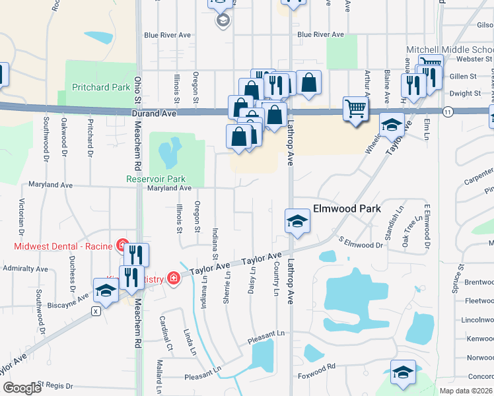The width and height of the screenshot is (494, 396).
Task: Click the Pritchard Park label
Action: [101, 87]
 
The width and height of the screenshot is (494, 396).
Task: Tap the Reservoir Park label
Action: [156, 179]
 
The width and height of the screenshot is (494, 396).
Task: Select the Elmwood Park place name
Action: [347, 209]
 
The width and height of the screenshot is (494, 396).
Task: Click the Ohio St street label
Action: [137, 88]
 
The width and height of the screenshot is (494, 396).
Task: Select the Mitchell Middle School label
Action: [449, 50]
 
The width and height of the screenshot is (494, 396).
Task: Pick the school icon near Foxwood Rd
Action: [403, 372]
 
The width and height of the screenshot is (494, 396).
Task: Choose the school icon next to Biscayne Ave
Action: [106, 290]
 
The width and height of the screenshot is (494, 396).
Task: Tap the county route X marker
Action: [96, 310]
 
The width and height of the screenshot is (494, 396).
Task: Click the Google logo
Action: [22, 388]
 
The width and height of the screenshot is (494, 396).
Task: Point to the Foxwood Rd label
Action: [318, 366]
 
